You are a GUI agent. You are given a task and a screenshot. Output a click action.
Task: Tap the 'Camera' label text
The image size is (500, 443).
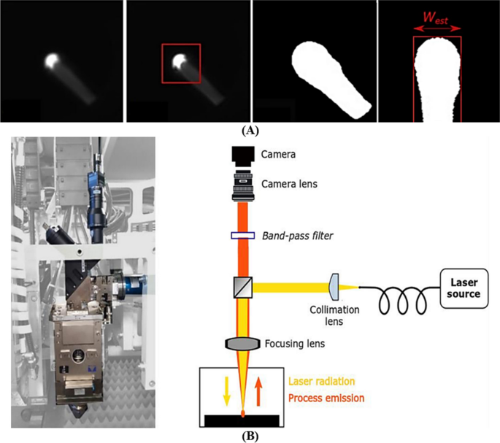click(x=280, y=155)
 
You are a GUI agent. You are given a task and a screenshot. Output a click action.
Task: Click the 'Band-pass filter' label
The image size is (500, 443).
click(x=296, y=235)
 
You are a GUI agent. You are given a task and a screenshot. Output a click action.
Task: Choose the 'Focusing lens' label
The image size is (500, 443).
click(x=295, y=344)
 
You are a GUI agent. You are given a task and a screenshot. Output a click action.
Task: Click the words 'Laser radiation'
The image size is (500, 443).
click(x=322, y=382)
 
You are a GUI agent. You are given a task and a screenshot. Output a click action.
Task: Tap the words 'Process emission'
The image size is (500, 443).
click(x=326, y=398)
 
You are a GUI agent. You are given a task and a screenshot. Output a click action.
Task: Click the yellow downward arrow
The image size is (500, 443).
click(x=227, y=391)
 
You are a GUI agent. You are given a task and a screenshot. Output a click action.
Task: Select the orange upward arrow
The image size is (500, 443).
click(x=258, y=391)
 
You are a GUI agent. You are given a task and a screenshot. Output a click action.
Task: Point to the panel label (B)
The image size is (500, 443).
click(x=250, y=436)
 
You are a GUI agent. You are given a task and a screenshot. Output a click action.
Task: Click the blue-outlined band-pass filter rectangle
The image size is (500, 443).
click(x=242, y=236)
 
